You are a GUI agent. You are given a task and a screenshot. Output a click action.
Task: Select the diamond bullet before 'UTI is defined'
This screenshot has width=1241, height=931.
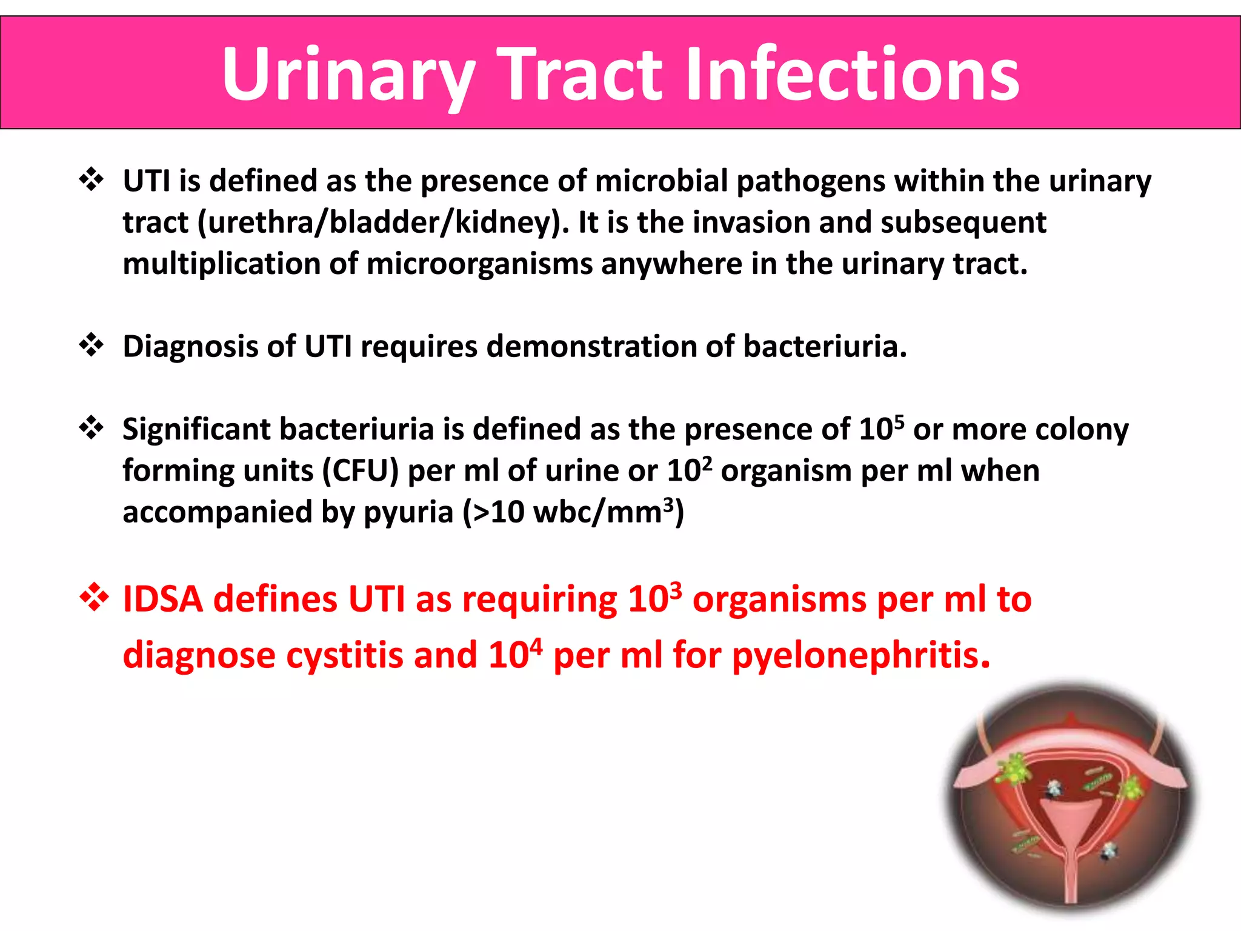[x=91, y=180]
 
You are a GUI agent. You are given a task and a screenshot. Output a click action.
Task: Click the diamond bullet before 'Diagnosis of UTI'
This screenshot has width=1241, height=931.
[x=91, y=345]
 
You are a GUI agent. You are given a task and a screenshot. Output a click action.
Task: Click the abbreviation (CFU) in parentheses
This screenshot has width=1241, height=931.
[x=360, y=471]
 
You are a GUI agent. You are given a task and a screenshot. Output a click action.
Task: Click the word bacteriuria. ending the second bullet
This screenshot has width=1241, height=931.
[x=825, y=346]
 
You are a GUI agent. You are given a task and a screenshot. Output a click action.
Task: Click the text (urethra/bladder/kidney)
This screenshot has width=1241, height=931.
[x=383, y=222]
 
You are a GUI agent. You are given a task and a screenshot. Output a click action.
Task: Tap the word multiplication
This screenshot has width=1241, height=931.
[x=221, y=264]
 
